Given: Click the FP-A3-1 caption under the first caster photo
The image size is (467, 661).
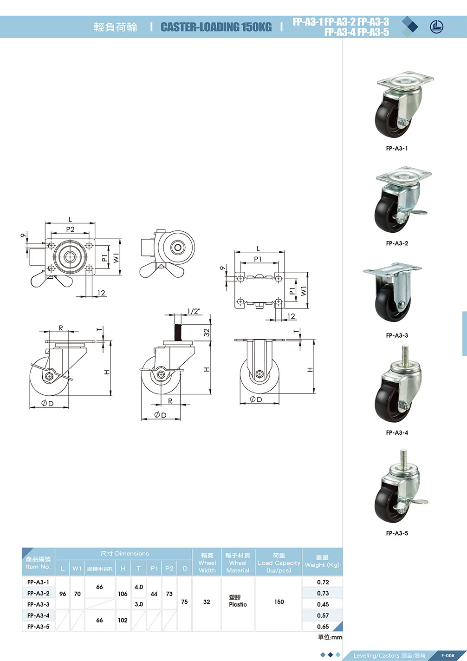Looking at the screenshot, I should point(397,149).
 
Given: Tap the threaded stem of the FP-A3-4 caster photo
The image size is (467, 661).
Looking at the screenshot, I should point(405,354).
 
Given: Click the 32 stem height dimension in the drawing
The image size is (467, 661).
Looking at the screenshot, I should point(207,333).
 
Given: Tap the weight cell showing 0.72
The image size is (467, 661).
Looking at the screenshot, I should point(323,582).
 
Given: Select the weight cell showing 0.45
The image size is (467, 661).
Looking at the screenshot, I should point(323,604).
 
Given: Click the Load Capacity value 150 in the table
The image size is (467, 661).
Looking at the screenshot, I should point(279,602).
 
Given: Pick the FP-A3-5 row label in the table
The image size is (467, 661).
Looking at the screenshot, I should point(38,627).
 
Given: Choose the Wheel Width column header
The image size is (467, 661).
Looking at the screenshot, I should point(207,563).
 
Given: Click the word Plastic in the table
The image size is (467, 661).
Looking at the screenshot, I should point(238,604).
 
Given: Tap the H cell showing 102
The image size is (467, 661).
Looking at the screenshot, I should point(123,620).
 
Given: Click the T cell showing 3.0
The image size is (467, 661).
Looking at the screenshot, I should point(138,604).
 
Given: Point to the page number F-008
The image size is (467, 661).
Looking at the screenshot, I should point(448,655).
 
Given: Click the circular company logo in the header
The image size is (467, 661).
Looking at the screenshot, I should point(437,27).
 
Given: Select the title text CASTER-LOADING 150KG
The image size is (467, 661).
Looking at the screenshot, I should point(216,27).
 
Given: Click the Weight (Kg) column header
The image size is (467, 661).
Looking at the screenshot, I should point(322,562).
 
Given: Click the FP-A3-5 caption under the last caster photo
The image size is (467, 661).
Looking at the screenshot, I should point(397,533).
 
